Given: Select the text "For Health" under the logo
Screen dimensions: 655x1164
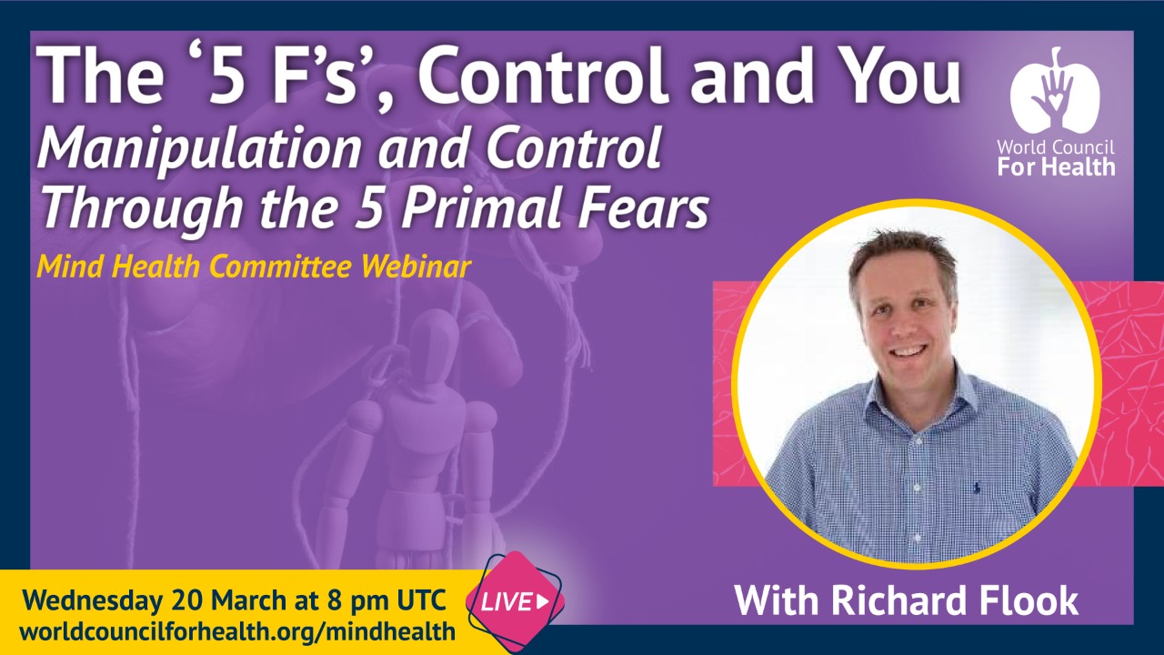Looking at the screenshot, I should (x=1056, y=166).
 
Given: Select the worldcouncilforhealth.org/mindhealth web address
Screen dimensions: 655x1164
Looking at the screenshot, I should (x=236, y=630).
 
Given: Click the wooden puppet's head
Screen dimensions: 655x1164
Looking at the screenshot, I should (x=433, y=338).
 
